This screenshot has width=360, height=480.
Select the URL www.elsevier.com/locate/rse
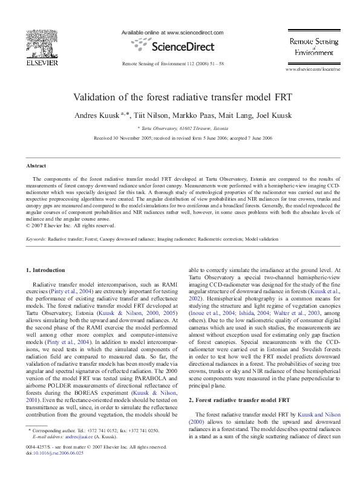coord(312,70)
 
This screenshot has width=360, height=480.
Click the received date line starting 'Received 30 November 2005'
coord(183,138)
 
